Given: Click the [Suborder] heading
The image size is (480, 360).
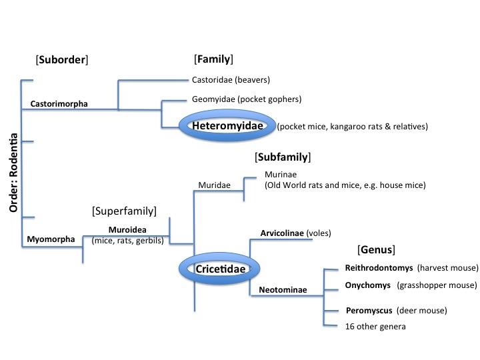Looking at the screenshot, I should [62, 60].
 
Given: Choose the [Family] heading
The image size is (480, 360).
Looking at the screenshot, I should [213, 59].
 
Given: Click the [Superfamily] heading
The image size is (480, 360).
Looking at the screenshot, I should [124, 211].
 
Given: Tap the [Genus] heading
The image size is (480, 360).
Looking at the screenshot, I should [377, 251].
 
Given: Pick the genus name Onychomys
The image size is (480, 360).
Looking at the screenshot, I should [367, 285].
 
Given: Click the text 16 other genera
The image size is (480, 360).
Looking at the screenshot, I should [374, 326].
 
